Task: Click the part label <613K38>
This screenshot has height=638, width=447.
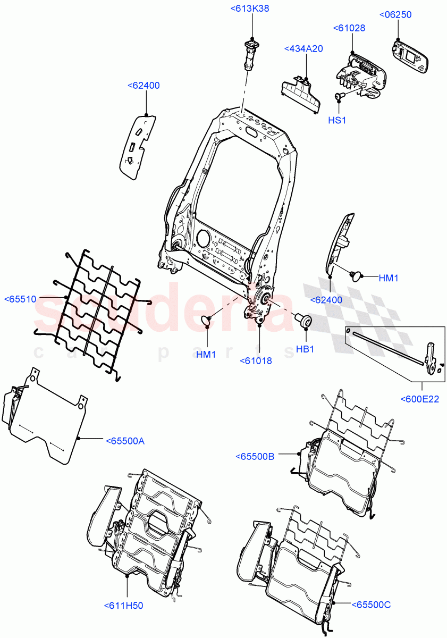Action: click(x=250, y=8)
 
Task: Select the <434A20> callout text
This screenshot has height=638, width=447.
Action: click(x=303, y=49)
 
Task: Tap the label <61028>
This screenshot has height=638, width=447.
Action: click(x=349, y=28)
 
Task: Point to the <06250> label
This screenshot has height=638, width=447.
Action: click(x=395, y=15)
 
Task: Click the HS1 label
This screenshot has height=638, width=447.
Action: click(x=336, y=120)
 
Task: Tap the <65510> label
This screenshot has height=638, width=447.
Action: click(x=20, y=299)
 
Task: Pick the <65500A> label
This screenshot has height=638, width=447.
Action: click(x=125, y=441)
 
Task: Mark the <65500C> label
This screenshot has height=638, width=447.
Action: click(x=371, y=605)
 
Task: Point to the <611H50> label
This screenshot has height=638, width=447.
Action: click(x=124, y=605)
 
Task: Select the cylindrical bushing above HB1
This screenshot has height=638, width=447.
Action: click(x=303, y=321)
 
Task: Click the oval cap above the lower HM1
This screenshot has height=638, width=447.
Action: click(x=205, y=320)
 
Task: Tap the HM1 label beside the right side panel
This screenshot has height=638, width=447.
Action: click(x=389, y=278)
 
